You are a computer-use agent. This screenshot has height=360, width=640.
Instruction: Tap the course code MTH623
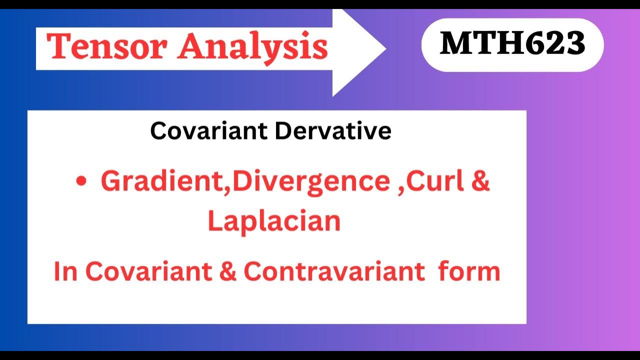(512, 44)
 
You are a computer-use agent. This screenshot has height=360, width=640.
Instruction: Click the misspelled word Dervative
(333, 131)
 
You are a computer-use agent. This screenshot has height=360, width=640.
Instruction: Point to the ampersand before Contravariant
(228, 271)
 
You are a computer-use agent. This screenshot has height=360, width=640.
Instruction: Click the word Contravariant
(334, 271)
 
